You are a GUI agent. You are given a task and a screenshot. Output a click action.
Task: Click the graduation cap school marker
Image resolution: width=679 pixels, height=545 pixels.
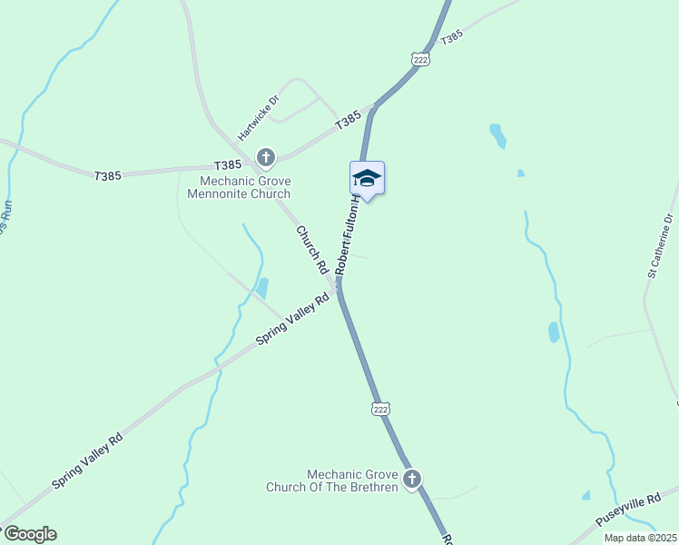click(367, 178)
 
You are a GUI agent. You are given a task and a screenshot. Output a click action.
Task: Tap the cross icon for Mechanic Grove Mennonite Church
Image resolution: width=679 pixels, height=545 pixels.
click(266, 158)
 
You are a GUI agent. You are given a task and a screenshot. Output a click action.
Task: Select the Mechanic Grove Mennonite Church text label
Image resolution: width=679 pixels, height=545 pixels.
click(239, 187)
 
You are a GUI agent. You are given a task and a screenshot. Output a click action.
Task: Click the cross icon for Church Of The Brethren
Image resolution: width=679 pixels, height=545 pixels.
click(412, 479)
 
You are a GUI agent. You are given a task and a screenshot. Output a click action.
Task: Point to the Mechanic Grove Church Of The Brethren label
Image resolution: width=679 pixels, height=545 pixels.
click(331, 481)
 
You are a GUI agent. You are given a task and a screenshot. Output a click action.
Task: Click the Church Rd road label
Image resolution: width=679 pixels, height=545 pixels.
click(311, 250)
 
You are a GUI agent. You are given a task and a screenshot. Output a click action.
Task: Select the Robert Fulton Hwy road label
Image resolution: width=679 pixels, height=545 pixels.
click(349, 238)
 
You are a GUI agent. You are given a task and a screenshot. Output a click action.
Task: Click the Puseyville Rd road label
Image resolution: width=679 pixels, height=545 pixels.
click(628, 510)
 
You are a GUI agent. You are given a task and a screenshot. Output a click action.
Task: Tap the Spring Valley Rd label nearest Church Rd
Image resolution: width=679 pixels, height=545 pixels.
click(292, 318)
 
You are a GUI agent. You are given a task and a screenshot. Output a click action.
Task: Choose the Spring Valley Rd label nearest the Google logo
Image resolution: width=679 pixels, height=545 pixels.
click(87, 461)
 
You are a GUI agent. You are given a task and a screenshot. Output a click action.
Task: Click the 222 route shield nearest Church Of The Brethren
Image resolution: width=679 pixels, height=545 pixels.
click(380, 409)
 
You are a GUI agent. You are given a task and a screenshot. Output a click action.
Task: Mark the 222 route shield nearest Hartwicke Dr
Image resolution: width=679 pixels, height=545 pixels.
click(419, 58)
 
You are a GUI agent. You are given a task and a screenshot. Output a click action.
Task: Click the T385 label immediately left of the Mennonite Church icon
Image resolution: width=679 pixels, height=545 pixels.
click(227, 165)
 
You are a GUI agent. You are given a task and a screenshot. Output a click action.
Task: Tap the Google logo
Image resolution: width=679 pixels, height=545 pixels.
click(29, 534)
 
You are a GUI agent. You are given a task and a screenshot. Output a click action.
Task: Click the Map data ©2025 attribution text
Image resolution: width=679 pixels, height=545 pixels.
click(640, 538)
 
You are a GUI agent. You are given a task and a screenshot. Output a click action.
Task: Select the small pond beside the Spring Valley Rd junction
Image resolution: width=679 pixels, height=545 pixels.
click(262, 288)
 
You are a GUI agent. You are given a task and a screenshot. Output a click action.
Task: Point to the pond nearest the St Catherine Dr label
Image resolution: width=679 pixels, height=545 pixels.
click(554, 332)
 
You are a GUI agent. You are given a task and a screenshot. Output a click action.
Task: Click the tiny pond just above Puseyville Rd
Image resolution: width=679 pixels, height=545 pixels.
click(586, 495)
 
